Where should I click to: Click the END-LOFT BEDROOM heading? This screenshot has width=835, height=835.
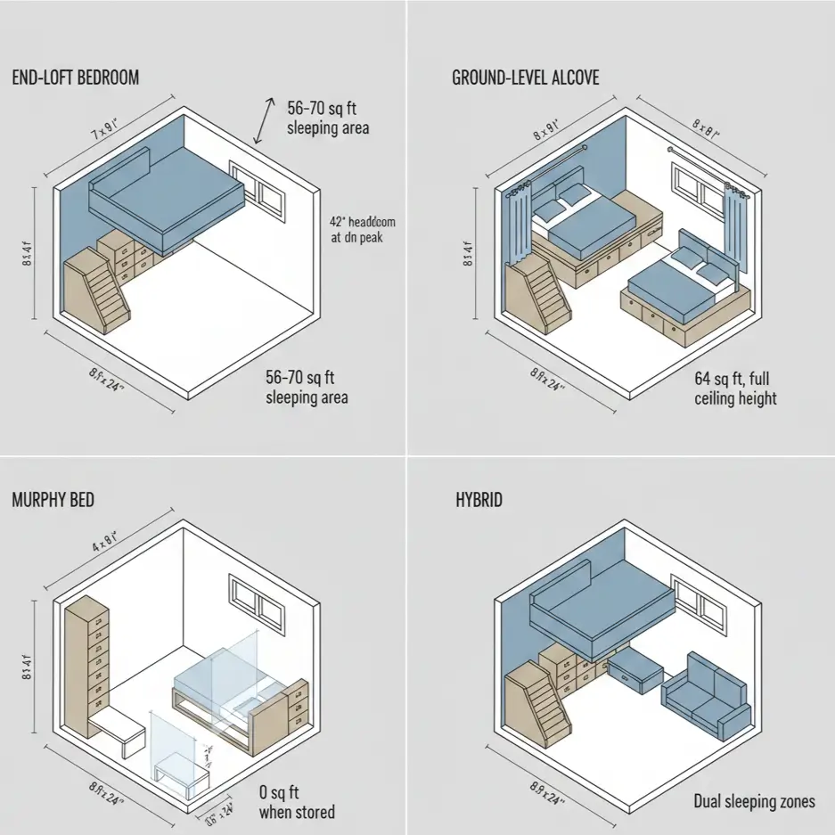coord(76,78)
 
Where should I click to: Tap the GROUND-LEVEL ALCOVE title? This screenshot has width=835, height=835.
coord(526,78)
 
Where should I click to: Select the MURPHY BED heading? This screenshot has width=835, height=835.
coord(53,499)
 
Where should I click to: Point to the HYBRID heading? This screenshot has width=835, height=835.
coord(479,499)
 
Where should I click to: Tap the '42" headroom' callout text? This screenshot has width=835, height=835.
coord(363,230)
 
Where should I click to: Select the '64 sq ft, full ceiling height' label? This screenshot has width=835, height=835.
coord(735,388)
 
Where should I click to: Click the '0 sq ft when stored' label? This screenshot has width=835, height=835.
coord(297,802)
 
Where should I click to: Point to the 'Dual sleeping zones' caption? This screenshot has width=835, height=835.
coord(754,802)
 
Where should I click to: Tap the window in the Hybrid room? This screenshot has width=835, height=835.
coord(698,603)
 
